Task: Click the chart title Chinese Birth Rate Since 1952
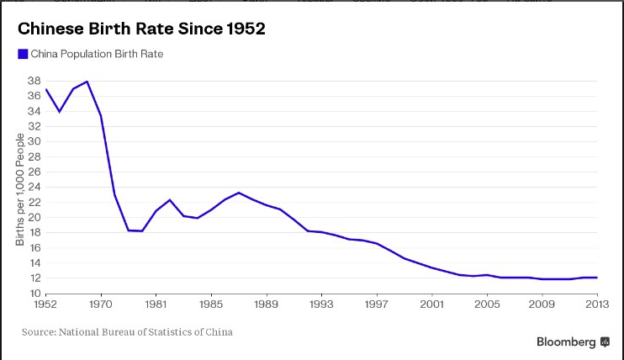(x=141, y=29)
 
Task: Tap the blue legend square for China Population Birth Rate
(x=22, y=55)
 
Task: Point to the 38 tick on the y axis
(x=34, y=82)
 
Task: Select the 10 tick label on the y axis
(x=34, y=293)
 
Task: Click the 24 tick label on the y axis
(x=34, y=188)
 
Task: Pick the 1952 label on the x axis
(x=45, y=305)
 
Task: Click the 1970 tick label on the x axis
(x=101, y=305)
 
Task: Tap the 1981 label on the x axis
(x=156, y=305)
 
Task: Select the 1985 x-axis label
(x=211, y=305)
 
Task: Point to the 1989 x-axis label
(x=267, y=305)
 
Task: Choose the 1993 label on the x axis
(x=322, y=305)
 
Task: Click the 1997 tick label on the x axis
(x=378, y=305)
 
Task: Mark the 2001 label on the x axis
(x=432, y=305)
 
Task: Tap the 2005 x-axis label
(x=488, y=305)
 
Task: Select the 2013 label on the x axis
(x=598, y=305)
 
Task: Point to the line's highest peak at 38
(x=87, y=82)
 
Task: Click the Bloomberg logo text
(x=566, y=341)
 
